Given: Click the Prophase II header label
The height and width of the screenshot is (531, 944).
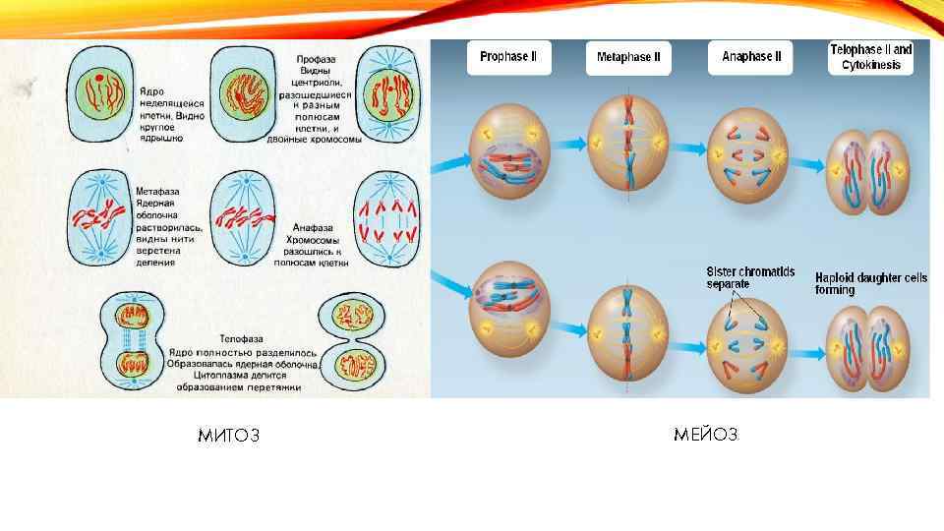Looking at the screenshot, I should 508,57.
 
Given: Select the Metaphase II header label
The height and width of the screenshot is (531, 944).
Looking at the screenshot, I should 628,57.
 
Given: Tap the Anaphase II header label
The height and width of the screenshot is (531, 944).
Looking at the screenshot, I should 751,57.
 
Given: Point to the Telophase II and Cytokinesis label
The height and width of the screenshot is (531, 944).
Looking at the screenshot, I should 871,57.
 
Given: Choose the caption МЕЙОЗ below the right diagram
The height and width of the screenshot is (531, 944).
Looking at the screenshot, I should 706,434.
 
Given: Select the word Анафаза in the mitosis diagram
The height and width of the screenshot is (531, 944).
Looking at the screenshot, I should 315,227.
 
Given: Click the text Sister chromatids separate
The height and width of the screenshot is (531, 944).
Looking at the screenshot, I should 749,276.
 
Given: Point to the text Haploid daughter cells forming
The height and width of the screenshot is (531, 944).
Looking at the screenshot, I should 870,283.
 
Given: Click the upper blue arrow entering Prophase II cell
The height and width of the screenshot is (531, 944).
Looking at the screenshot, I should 453,158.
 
